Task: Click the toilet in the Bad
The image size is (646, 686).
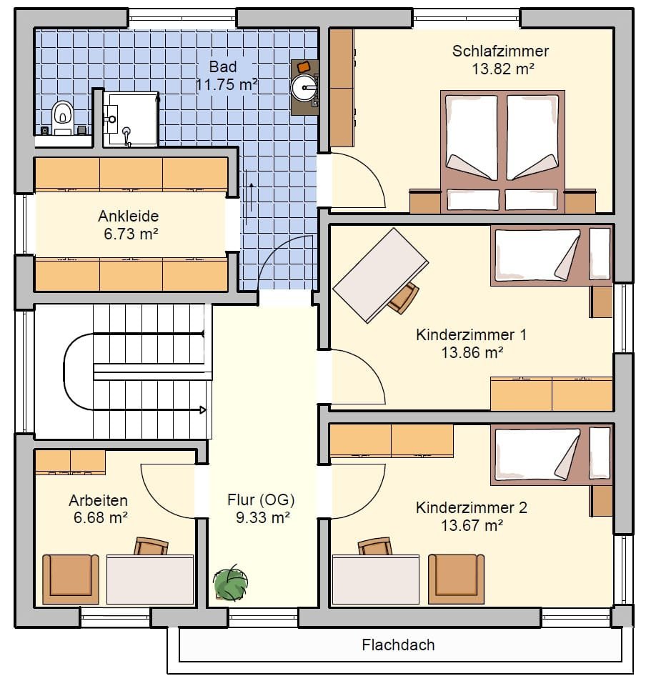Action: (63, 117)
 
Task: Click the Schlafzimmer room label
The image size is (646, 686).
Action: (500, 51)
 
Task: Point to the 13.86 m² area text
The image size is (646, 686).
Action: (472, 352)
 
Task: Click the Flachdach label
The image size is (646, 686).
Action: (398, 645)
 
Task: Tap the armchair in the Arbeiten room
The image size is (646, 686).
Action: (71, 580)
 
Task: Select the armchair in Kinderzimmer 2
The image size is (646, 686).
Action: (456, 579)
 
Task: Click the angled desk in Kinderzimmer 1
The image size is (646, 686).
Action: (380, 275)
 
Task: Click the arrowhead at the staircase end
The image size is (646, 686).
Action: (202, 410)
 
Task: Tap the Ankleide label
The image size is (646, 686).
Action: (128, 216)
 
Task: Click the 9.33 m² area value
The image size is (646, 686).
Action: (263, 517)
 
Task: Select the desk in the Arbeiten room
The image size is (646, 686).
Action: (150, 580)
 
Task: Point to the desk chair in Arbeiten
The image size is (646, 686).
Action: (151, 547)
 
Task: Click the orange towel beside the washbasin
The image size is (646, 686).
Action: (304, 66)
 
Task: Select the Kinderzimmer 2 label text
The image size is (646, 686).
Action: (472, 507)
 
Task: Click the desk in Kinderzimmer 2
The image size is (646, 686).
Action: (376, 580)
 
